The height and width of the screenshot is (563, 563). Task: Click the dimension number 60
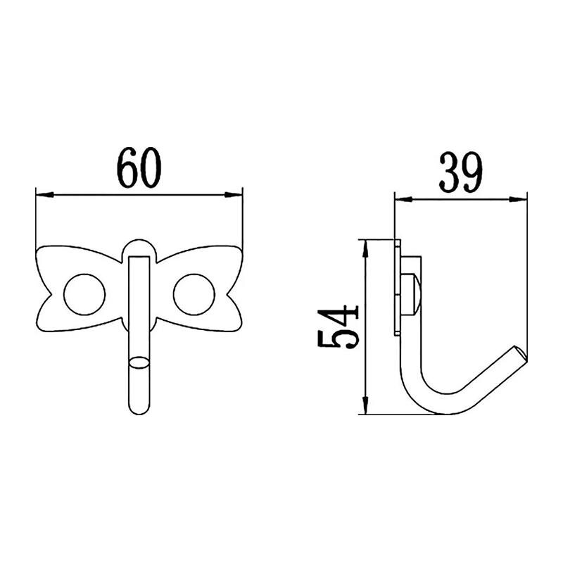point(139,167)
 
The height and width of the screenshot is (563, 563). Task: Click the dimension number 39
point(461,172)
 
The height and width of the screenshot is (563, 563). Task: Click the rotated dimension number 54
point(338,327)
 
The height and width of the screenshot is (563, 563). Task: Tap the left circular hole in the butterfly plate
point(84,294)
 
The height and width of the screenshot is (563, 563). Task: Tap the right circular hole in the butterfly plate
point(194,294)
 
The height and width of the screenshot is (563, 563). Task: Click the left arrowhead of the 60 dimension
point(45,195)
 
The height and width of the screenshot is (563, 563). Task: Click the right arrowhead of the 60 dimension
point(234,195)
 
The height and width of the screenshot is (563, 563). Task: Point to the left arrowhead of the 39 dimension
point(404,199)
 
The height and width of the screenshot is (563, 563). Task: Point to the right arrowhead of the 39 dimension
point(518,199)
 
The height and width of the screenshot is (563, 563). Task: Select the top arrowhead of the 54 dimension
point(365,249)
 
